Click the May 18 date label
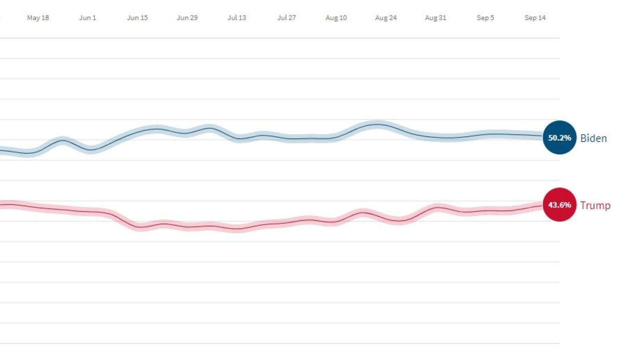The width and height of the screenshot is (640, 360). point(38,18)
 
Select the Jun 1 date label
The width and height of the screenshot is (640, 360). point(87,18)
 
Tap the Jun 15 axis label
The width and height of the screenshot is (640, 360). point(137,18)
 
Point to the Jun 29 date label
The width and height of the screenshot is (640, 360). point(187,18)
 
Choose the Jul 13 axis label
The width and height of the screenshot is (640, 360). point(237,18)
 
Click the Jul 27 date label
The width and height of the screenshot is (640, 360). point(287,18)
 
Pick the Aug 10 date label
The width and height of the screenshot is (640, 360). point(336,18)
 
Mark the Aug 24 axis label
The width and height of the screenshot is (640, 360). point(386,18)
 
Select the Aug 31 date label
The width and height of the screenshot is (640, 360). point(435,18)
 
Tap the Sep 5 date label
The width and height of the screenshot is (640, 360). point(485,18)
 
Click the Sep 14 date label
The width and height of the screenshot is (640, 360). point(535,18)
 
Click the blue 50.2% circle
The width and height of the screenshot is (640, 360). point(560,138)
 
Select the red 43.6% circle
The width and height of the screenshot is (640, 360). point(560,205)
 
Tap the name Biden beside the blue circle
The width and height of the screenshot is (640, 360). point(594,138)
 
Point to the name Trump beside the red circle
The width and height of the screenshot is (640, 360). point(595,206)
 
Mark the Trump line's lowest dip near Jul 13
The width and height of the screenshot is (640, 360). point(237,229)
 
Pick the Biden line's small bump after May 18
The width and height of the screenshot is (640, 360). point(62,140)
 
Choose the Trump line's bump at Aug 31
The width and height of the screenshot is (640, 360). point(437,208)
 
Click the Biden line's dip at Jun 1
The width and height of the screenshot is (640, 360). point(91,150)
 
